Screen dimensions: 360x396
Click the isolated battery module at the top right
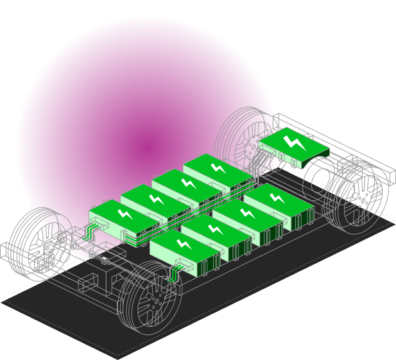tap(294, 146)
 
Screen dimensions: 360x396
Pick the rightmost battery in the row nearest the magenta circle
tap(218, 171)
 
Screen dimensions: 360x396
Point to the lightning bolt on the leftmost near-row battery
tap(184, 244)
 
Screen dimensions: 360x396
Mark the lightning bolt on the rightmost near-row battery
tap(277, 197)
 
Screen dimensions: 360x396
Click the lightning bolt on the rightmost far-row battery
tap(218, 167)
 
